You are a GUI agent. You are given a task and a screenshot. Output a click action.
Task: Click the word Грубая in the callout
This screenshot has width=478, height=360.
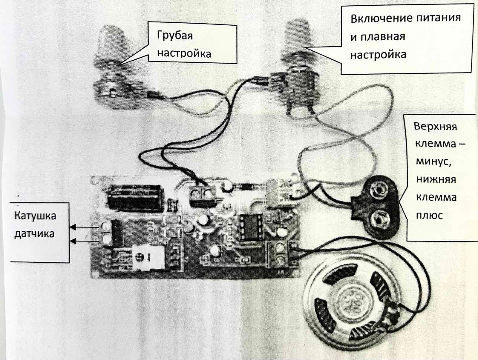coord(175,36)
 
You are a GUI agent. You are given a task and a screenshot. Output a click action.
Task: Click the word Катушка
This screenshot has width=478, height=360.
coord(35,216)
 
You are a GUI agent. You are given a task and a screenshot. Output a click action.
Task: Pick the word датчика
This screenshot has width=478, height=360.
coord(34,233)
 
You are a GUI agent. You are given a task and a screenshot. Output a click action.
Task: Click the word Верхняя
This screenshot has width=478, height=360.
coord(435,126)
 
